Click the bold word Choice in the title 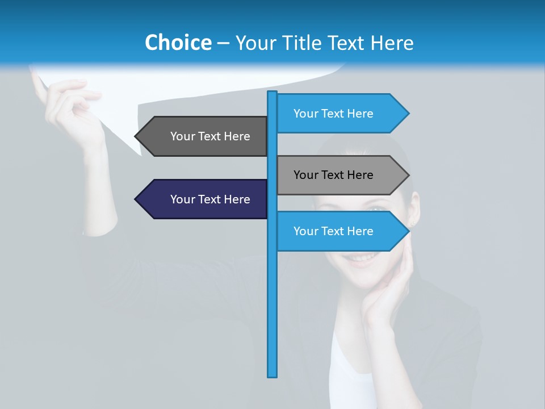coord(178,43)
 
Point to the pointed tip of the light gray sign coord(408,175)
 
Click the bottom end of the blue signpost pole coord(272,375)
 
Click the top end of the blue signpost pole coord(272,93)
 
